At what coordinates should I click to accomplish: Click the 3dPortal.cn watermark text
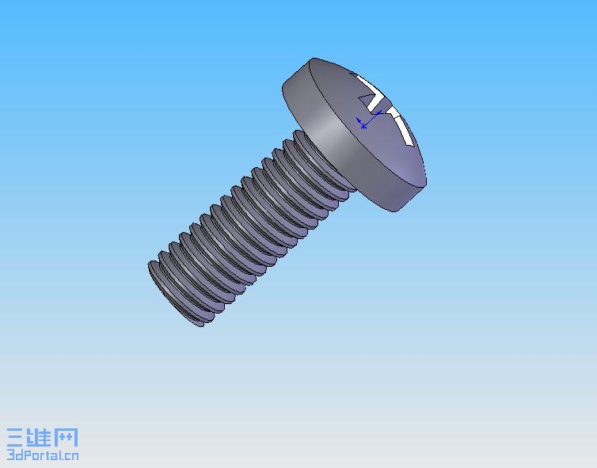click(43, 455)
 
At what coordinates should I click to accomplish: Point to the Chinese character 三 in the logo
click(17, 438)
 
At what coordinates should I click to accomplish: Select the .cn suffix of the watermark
click(70, 455)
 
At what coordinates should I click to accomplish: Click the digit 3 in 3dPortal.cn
click(10, 455)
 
